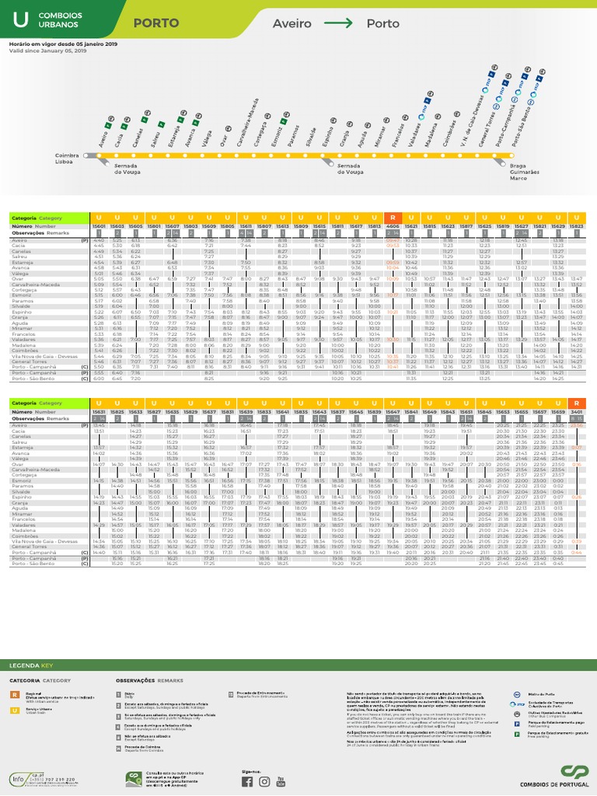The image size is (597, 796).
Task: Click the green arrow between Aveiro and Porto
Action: pyautogui.click(x=338, y=23)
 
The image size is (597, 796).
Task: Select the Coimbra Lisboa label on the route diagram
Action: pyautogui.click(x=67, y=158)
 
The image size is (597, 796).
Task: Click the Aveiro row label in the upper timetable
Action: pyautogui.click(x=19, y=241)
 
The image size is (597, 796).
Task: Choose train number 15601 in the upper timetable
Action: pyautogui.click(x=99, y=225)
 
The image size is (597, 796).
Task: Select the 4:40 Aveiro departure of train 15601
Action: pyautogui.click(x=99, y=241)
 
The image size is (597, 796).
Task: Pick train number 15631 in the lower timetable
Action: pyautogui.click(x=99, y=411)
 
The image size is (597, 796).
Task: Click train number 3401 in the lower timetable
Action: pyautogui.click(x=577, y=411)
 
